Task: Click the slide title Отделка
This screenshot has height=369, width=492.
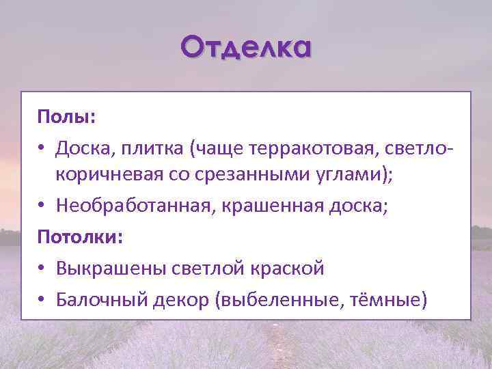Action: coord(246,49)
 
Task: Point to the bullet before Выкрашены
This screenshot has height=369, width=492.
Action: coord(43,269)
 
